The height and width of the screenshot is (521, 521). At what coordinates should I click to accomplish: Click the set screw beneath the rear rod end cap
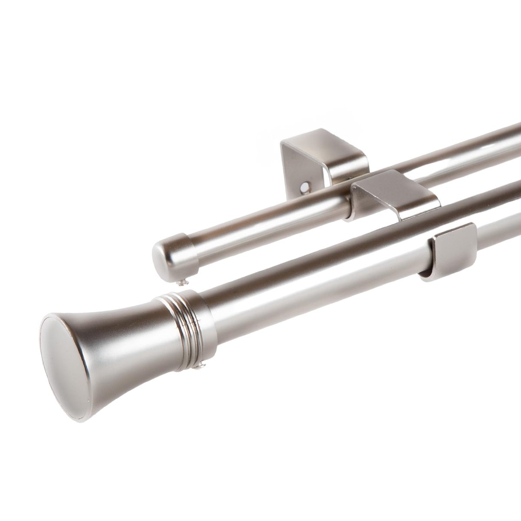point(182,281)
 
